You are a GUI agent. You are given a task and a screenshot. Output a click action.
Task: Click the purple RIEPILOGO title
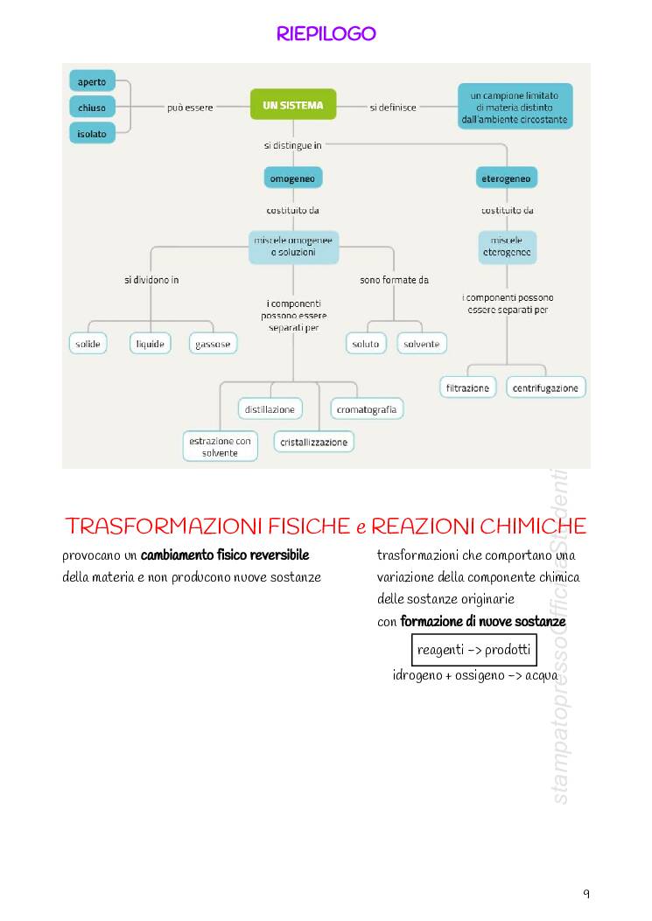[326, 34]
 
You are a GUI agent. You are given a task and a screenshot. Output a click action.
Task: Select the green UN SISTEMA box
[293, 106]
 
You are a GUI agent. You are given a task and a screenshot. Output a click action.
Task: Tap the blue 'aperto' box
[92, 82]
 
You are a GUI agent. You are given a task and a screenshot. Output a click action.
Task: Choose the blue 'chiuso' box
[92, 108]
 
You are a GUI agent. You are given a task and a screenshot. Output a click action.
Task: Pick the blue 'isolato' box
[92, 134]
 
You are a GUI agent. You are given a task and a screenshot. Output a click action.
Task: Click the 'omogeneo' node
[293, 178]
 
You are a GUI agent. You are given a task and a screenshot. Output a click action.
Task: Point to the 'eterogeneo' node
[507, 178]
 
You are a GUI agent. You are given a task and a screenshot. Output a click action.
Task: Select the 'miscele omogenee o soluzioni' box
[293, 246]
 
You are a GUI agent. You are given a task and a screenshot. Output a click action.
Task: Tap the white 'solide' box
[88, 344]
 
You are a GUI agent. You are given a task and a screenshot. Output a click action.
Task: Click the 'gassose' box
[213, 344]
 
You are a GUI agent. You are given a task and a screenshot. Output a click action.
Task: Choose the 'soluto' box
[366, 344]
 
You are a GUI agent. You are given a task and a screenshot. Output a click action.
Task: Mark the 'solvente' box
[422, 344]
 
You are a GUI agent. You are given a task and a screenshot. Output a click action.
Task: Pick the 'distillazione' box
[270, 408]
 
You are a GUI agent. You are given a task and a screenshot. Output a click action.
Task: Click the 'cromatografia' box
[367, 408]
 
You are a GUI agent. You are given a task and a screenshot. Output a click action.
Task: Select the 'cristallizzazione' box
[314, 442]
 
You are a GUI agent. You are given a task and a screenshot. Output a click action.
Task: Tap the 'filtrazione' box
[467, 387]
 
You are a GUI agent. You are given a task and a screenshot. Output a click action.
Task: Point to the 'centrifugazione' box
[546, 387]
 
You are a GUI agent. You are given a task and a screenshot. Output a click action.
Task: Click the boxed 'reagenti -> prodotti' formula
[473, 650]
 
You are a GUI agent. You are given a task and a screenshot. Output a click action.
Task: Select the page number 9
[586, 893]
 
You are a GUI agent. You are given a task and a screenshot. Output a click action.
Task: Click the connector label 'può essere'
[190, 108]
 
